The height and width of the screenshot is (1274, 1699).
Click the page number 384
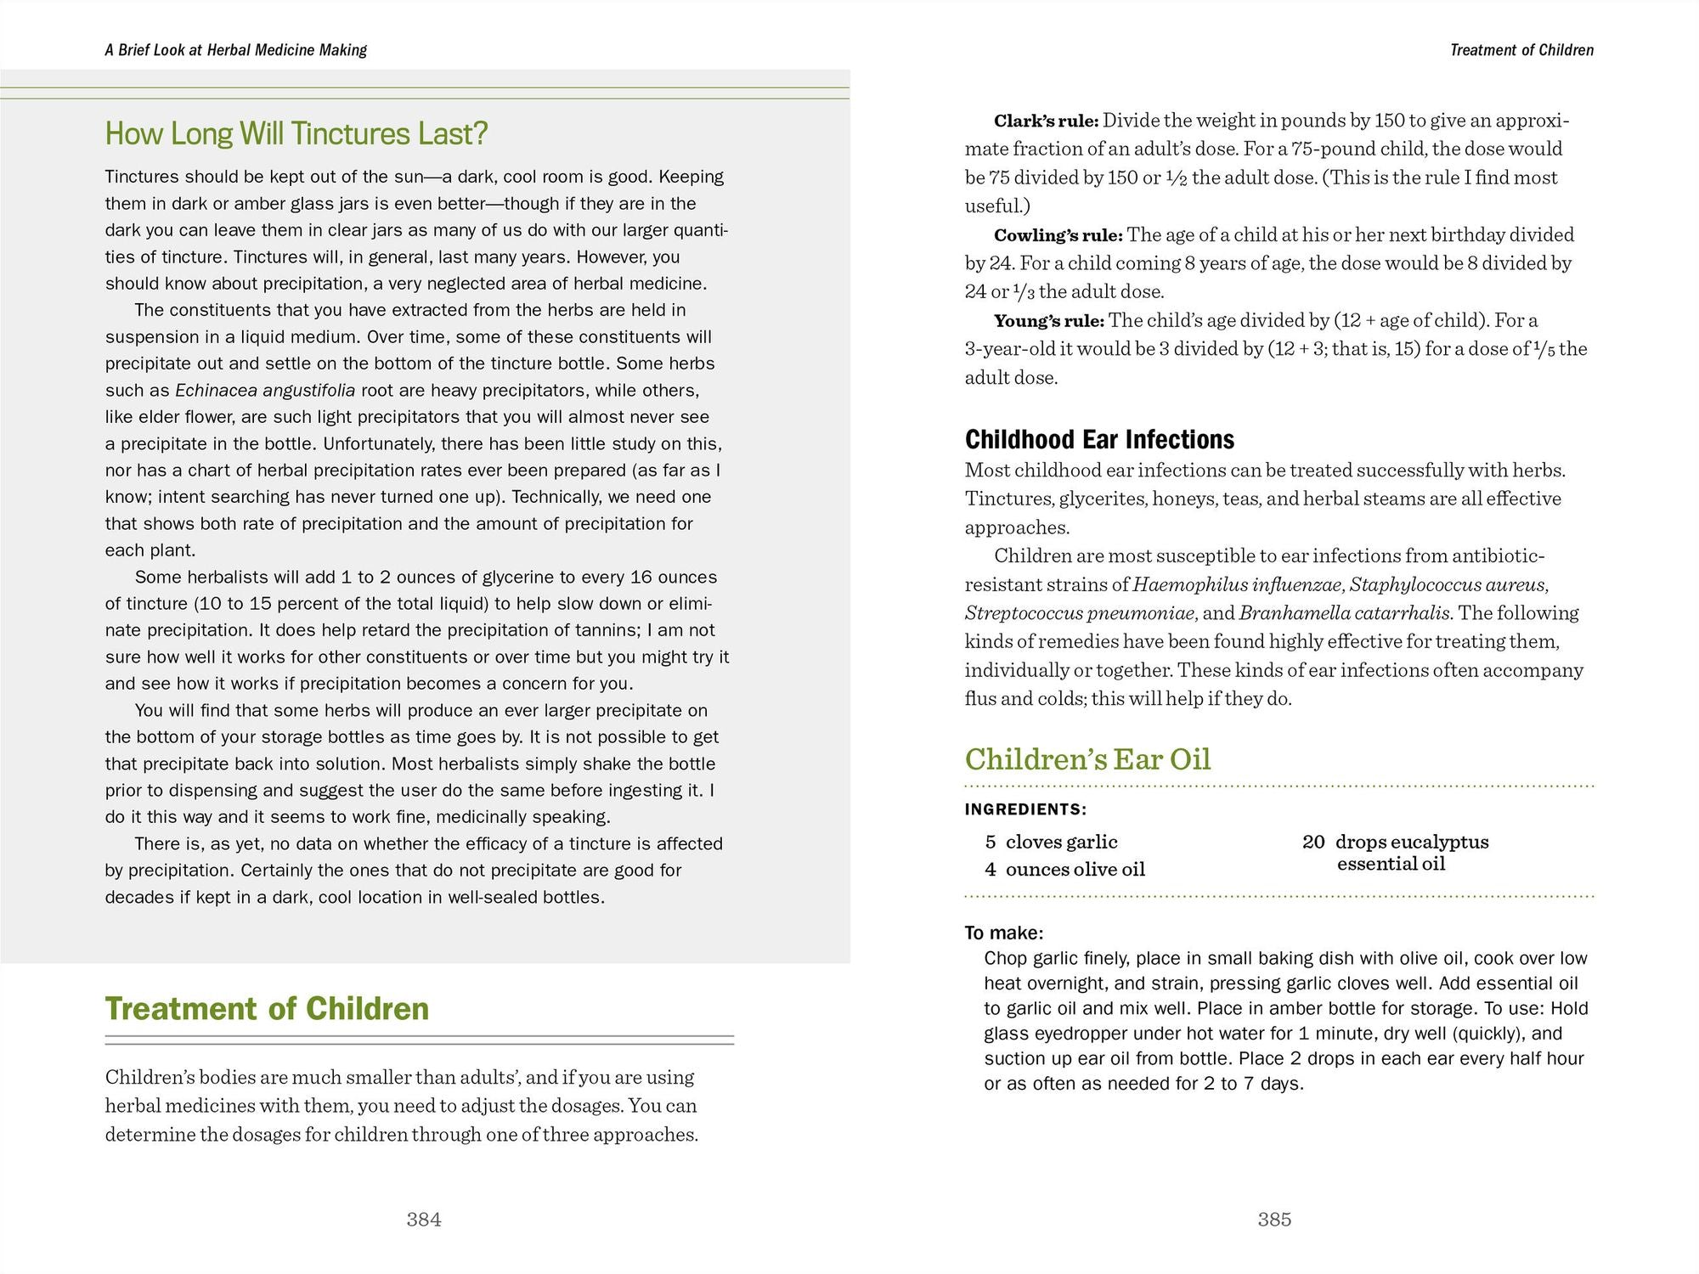424,1220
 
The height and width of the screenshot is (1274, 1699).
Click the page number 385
1274,1220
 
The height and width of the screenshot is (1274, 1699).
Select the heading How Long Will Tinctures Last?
296,133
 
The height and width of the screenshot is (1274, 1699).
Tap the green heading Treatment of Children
267,1008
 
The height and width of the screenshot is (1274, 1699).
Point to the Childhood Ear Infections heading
1099,439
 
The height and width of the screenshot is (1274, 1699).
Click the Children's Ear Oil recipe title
1087,758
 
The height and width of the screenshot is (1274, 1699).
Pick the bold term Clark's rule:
1046,121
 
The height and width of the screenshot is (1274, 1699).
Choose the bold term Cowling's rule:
1058,235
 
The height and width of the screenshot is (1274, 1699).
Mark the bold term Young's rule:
1048,321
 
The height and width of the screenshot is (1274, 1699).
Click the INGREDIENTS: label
1025,809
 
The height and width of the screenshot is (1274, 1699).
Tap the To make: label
1003,933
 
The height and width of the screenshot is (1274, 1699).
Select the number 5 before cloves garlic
991,842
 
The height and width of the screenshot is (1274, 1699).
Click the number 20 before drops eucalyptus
1313,842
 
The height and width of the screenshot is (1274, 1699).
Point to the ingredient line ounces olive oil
1075,869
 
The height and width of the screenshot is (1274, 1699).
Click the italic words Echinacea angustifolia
265,391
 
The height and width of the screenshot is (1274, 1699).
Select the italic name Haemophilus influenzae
1237,584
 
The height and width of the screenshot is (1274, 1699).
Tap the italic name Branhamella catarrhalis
1346,613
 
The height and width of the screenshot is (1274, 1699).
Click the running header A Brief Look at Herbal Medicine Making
236,50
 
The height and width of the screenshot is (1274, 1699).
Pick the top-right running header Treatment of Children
1521,50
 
